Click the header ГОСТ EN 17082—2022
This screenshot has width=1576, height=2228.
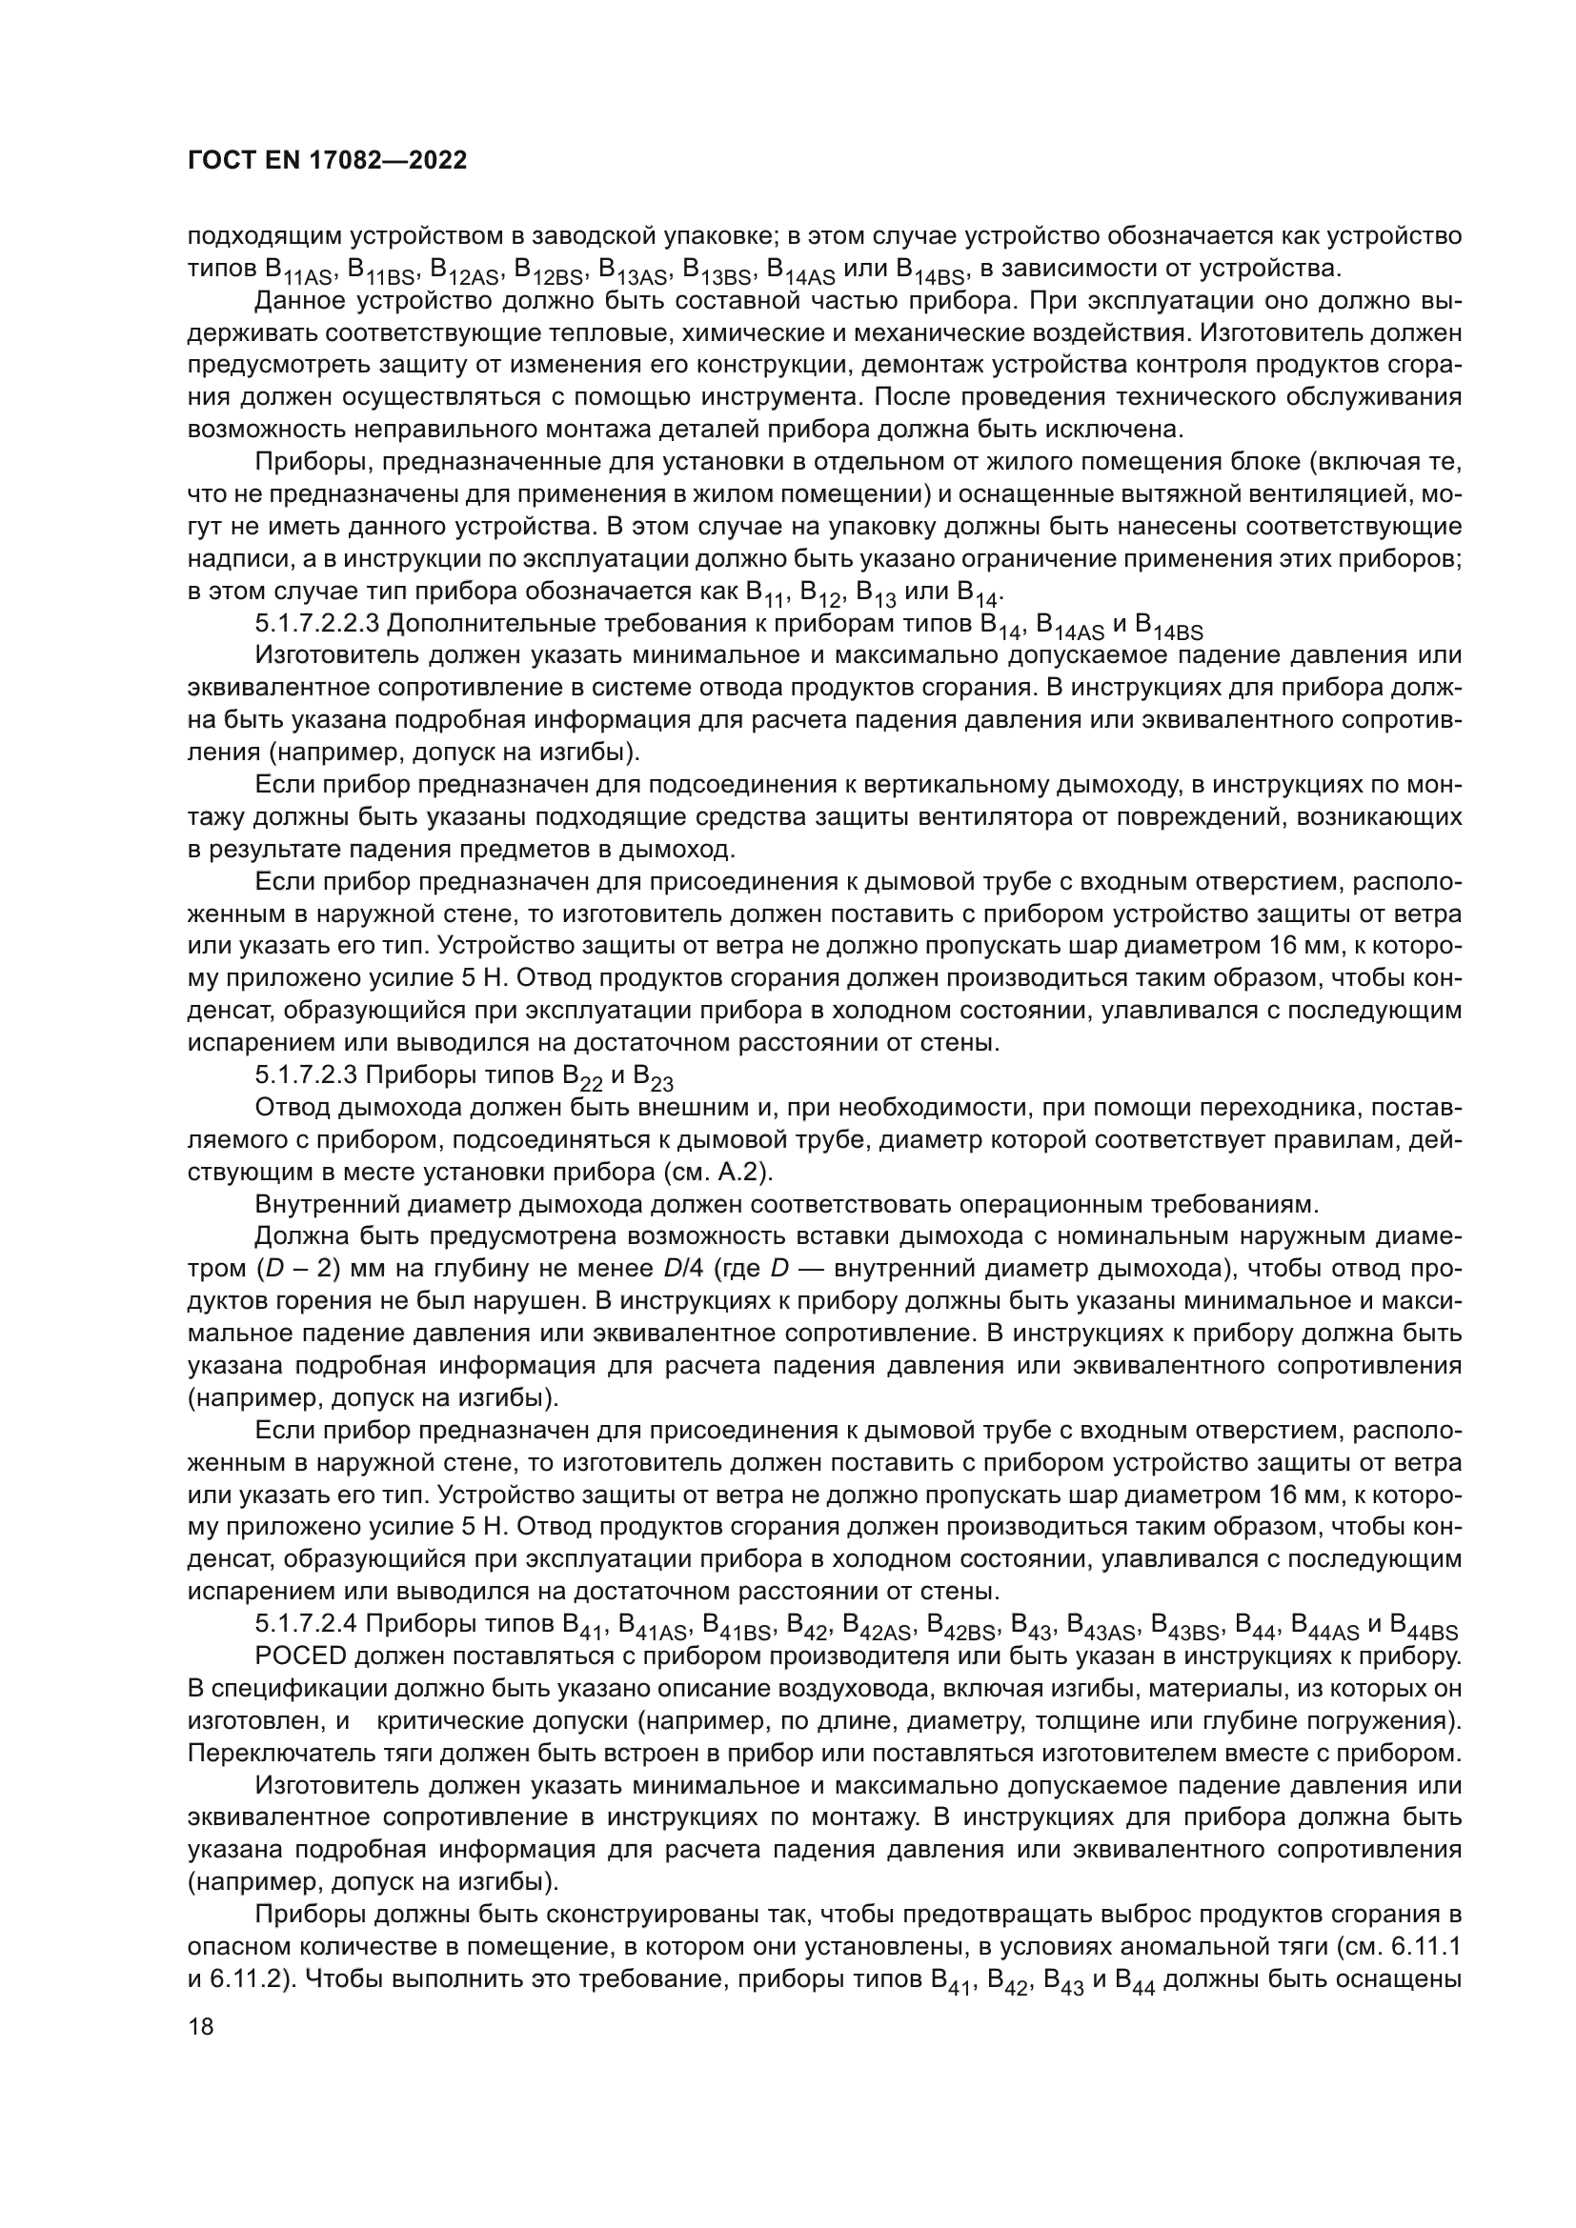[327, 161]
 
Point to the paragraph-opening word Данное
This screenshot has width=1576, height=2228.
[295, 301]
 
